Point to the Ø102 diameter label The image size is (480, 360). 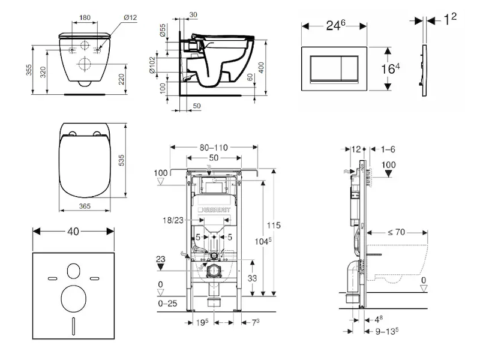pyautogui.click(x=153, y=65)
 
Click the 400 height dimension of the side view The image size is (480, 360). pyautogui.click(x=261, y=67)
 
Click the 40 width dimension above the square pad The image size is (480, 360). pyautogui.click(x=73, y=230)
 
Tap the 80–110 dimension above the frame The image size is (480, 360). pyautogui.click(x=214, y=147)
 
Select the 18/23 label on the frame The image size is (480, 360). pyautogui.click(x=173, y=221)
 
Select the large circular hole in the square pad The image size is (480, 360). pyautogui.click(x=73, y=296)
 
